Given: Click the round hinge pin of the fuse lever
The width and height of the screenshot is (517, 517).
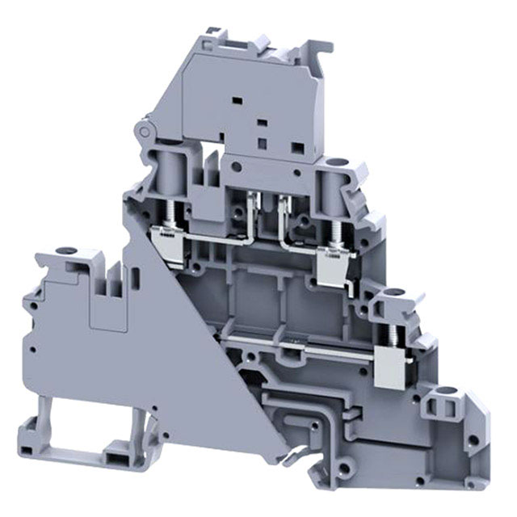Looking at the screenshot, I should tap(145, 130).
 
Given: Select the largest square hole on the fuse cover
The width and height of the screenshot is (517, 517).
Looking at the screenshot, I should tap(297, 148).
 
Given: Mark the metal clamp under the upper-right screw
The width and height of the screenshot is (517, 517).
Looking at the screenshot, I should tap(331, 263).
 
